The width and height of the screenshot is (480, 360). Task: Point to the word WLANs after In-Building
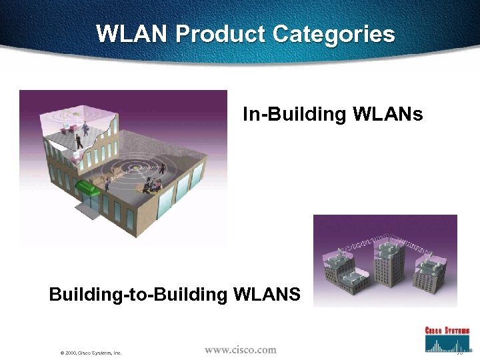click(x=386, y=115)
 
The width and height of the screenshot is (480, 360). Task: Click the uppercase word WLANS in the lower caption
click(x=266, y=294)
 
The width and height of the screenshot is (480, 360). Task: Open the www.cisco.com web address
click(x=240, y=349)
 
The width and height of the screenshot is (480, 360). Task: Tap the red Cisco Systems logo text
click(x=447, y=330)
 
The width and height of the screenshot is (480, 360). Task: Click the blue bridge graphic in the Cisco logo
click(x=447, y=343)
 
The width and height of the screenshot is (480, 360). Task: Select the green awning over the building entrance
click(x=87, y=187)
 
